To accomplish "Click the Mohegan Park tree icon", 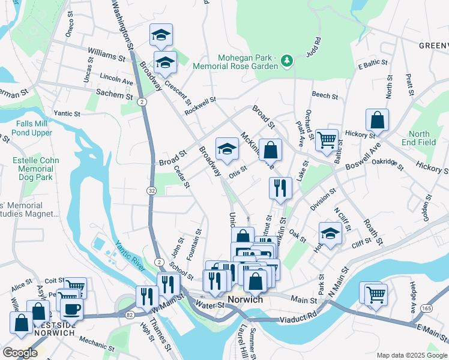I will (x=288, y=60).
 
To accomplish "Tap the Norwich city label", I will (x=246, y=299).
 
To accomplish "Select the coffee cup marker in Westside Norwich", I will (x=71, y=309).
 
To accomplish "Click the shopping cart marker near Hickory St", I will (x=327, y=140).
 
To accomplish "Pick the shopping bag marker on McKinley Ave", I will (x=271, y=149).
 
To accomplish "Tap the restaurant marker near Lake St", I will (x=280, y=188).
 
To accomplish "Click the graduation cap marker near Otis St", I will (x=227, y=149).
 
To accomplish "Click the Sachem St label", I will (x=114, y=94).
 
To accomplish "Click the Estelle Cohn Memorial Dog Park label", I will (x=36, y=169).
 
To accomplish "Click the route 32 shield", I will (x=152, y=190).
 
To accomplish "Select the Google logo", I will (x=20, y=352).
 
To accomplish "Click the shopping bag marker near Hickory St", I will (x=377, y=120).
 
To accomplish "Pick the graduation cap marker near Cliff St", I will (x=330, y=232).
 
